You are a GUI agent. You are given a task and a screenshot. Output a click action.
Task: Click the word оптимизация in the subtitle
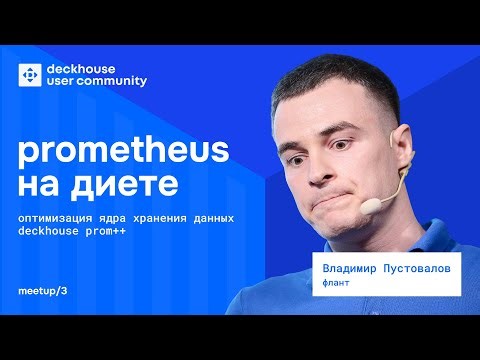click(x=56, y=217)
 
